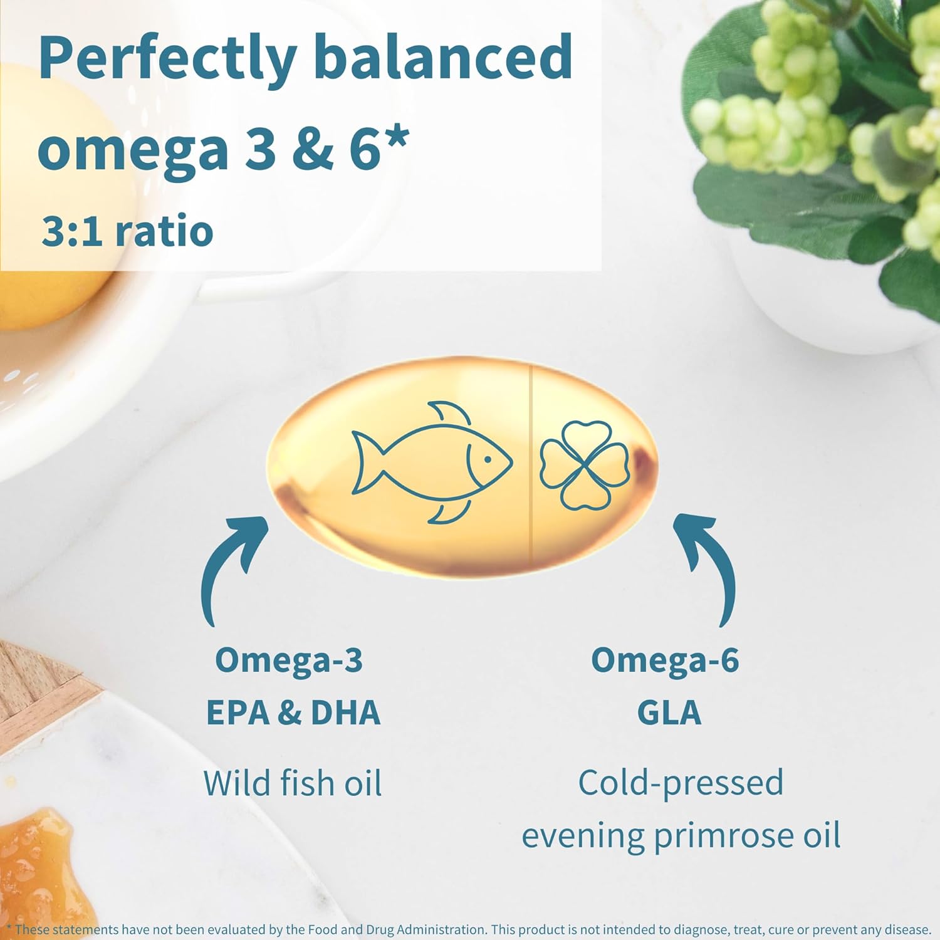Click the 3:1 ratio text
point(127,231)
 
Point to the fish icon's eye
point(487,459)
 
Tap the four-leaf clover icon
point(584,464)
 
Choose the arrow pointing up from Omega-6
point(708,564)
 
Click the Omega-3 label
point(289,661)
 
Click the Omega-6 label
point(665,661)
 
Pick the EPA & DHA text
point(293,713)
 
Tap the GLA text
point(669,713)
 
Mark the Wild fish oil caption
point(293,783)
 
